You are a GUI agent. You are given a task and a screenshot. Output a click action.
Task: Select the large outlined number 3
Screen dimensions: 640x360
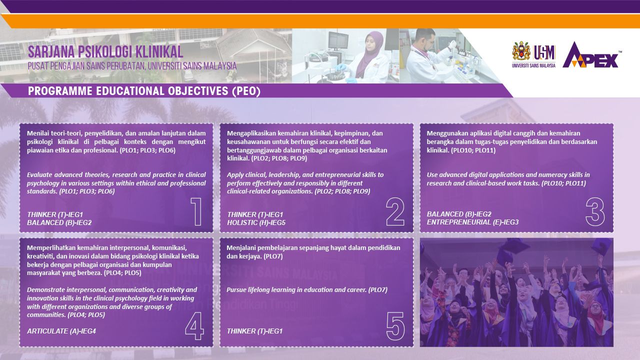coord(595,211)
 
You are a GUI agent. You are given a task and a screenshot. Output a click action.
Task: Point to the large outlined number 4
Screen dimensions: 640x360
coord(194,326)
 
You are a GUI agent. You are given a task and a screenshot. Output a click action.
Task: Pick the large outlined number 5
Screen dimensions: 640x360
coord(395,326)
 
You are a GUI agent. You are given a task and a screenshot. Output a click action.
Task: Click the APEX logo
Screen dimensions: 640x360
coord(591,55)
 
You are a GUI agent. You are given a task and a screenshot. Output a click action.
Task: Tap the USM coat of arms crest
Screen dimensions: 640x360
coord(521,51)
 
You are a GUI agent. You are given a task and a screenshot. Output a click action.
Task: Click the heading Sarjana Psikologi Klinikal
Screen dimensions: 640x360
coord(105,52)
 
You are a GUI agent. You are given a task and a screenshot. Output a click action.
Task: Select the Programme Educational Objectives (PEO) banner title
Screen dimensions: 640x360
coord(144,91)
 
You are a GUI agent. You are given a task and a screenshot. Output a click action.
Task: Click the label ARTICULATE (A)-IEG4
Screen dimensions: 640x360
coord(61,331)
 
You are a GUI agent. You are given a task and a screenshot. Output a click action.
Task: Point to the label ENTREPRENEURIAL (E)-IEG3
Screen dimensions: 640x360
coord(472,222)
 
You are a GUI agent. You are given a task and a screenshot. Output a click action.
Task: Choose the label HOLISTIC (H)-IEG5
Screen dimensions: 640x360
coord(256,222)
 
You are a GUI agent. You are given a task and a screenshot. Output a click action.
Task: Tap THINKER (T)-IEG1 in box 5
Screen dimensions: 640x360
coord(254,331)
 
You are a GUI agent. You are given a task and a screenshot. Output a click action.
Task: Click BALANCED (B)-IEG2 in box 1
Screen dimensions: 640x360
coord(59,222)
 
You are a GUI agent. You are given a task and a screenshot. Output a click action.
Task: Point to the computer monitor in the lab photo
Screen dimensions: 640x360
coord(339,40)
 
